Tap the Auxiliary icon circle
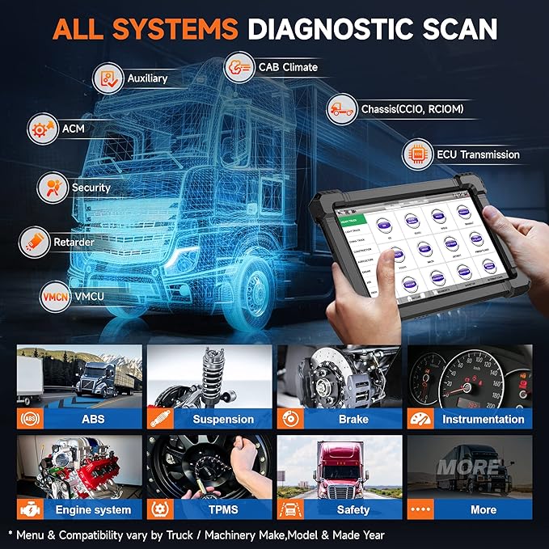(108, 78)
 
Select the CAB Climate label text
(288, 67)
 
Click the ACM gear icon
(41, 128)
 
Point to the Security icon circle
(51, 187)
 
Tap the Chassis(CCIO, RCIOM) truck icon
(342, 109)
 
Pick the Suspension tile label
(223, 419)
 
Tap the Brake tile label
(353, 419)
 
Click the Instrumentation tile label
(483, 419)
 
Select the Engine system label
(93, 509)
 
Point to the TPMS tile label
(223, 509)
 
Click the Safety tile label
(353, 509)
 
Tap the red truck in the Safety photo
(340, 468)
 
